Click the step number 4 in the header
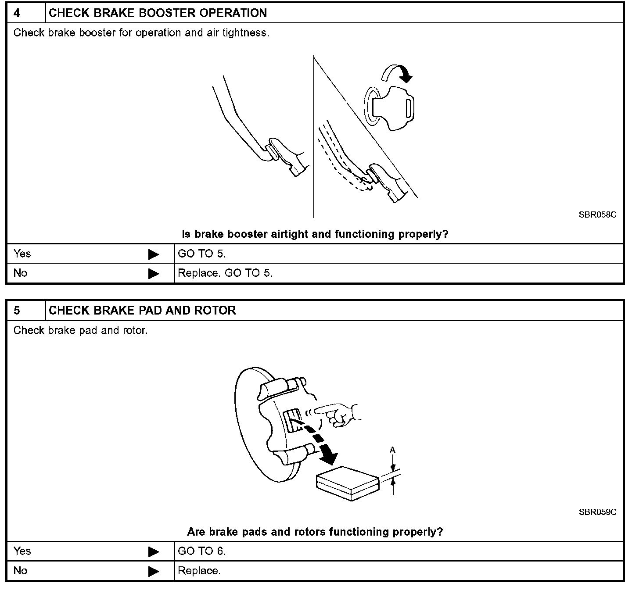click(17, 13)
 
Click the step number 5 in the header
click(17, 311)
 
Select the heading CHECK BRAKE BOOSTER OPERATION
click(158, 13)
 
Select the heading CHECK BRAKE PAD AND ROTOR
click(142, 311)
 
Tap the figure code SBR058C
click(597, 215)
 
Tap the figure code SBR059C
click(597, 512)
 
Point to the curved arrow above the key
click(397, 72)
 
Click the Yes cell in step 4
click(22, 254)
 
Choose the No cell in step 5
click(20, 570)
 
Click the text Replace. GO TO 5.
click(225, 273)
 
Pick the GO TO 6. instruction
click(202, 551)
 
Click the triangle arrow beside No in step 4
click(154, 273)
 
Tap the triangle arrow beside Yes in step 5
click(154, 551)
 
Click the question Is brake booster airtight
click(315, 234)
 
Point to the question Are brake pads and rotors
click(315, 532)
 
